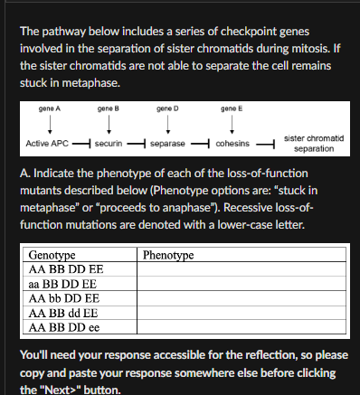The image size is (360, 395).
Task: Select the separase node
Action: (x=168, y=144)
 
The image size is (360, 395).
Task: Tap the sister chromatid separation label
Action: (x=311, y=143)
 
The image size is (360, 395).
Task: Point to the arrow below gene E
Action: (x=232, y=127)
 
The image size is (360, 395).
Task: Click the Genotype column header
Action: (x=52, y=256)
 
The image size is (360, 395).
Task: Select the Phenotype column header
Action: (x=168, y=256)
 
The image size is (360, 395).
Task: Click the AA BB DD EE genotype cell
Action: (x=66, y=269)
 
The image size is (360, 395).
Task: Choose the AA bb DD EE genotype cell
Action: (x=65, y=296)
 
